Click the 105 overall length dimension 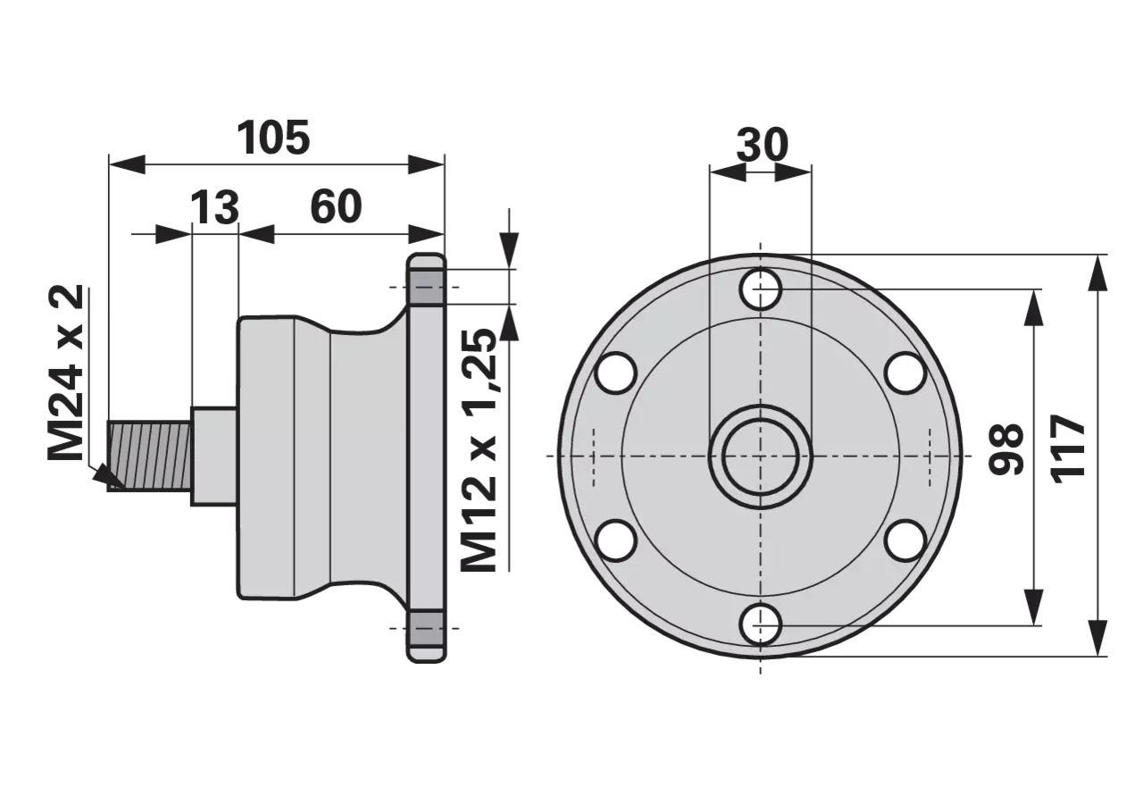coord(273,138)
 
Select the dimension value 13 coord(215,207)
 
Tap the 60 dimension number coord(337,206)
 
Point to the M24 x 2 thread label coord(65,373)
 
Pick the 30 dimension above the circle coord(763,145)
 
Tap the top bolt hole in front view coord(761,289)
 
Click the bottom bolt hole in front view coord(761,624)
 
